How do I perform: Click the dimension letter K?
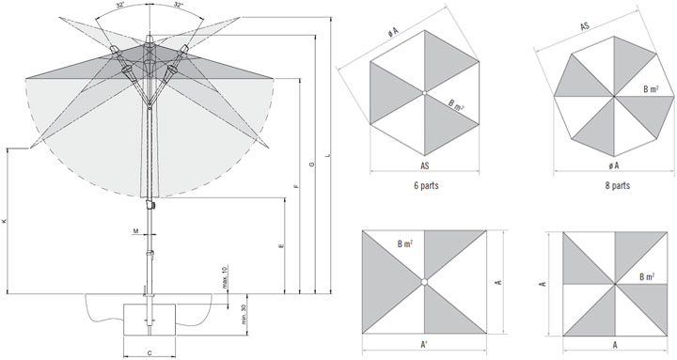click(x=5, y=221)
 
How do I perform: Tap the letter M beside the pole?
click(x=135, y=231)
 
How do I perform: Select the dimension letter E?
click(x=281, y=246)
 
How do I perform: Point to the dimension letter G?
click(x=312, y=164)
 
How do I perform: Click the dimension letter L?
click(x=327, y=155)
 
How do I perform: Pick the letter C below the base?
click(x=150, y=353)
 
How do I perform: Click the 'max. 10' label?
click(x=225, y=277)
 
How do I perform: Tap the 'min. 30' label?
click(x=244, y=315)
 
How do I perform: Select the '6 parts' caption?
click(x=426, y=185)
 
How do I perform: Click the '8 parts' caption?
click(x=618, y=185)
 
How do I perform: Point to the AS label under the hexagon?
click(x=425, y=165)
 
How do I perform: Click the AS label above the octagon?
click(x=585, y=26)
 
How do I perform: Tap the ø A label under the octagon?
click(x=613, y=165)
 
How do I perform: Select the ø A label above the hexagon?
click(x=392, y=33)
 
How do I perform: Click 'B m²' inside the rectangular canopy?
click(x=404, y=243)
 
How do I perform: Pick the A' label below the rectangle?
click(x=425, y=345)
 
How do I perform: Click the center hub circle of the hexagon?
click(x=424, y=93)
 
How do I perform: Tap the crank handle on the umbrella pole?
click(x=150, y=204)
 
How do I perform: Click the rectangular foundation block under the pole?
click(x=150, y=320)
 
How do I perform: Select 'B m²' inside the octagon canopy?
click(x=651, y=90)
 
